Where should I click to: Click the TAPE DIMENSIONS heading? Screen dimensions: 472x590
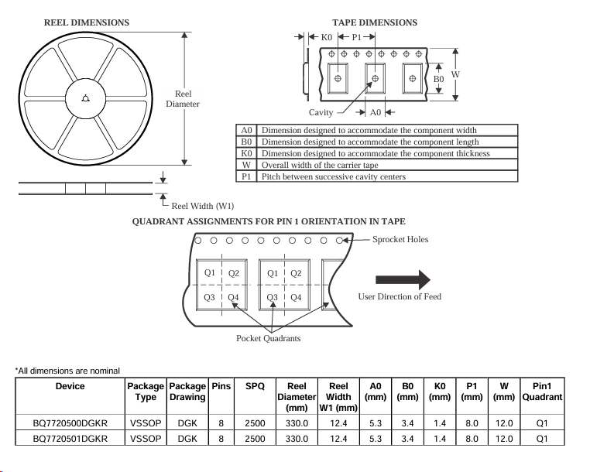[375, 22]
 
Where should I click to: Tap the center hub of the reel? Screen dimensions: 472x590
[85, 97]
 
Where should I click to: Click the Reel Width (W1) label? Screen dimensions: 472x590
[202, 205]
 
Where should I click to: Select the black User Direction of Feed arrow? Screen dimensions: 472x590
[403, 279]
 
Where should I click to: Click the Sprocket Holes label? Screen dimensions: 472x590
[400, 239]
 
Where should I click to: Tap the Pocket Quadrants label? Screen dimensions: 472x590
[268, 339]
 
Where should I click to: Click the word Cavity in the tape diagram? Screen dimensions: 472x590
[321, 113]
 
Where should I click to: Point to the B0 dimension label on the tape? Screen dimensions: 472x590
[438, 79]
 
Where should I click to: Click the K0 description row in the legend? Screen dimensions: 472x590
[376, 153]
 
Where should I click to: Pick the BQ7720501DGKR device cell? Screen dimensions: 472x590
[70, 438]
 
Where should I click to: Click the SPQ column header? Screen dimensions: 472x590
[254, 385]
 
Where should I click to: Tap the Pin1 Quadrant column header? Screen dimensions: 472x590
[542, 391]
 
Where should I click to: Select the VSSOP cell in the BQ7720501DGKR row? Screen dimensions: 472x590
[145, 438]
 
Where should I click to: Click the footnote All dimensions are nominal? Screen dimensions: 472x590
[67, 371]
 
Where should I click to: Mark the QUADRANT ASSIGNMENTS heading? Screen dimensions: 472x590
[269, 221]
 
